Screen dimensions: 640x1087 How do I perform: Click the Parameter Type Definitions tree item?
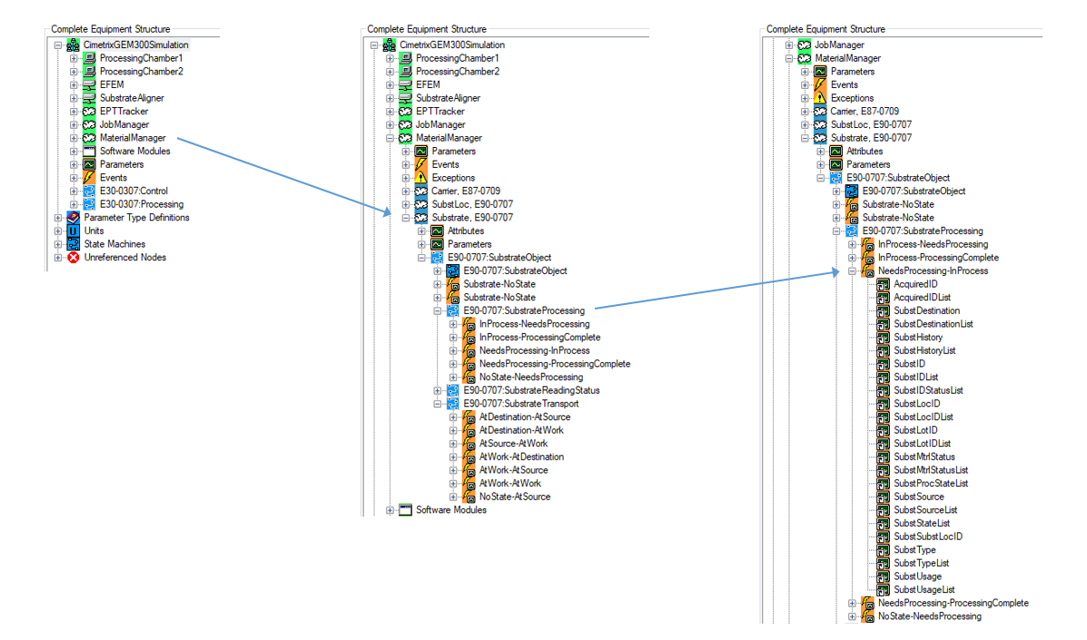coord(136,218)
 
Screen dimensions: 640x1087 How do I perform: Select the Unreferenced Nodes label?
coord(124,258)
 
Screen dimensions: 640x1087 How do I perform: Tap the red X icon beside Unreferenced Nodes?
coord(74,258)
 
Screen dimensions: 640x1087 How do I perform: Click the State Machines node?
coord(114,244)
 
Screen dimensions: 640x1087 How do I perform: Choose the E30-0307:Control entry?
coord(133,192)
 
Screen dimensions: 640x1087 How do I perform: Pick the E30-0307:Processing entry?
coord(141,204)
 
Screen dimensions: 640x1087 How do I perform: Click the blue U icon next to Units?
coord(74,231)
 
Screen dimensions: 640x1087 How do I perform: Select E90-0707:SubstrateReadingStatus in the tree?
coord(531,390)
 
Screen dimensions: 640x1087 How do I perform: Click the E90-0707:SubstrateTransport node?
coord(520,404)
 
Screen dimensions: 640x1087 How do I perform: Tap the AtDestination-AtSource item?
coord(525,418)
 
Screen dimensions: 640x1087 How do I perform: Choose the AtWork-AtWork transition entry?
coord(509,484)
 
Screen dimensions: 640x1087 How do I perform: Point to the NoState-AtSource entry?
coord(514,497)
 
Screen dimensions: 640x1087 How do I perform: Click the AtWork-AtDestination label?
coord(521,458)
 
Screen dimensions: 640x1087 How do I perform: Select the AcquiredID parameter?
coord(915,284)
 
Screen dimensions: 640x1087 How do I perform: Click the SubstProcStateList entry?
coord(931,484)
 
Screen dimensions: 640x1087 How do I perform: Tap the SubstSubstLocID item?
coord(928,537)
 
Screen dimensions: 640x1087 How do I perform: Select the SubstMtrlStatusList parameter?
coord(931,470)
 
